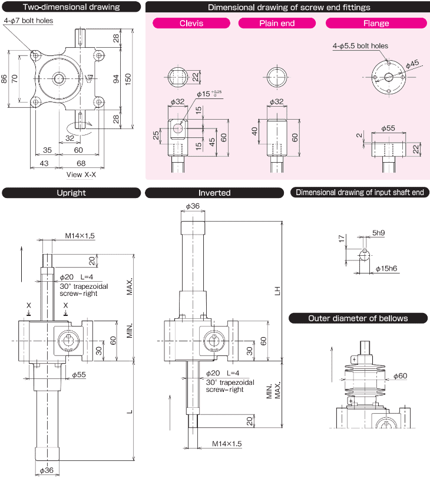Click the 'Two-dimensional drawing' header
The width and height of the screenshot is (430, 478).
(x=71, y=8)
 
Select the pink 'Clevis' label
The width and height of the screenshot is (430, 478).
(x=191, y=24)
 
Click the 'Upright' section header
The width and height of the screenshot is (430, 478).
(x=71, y=193)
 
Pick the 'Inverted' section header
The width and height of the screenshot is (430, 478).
(x=214, y=193)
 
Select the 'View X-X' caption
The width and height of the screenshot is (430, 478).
(x=82, y=174)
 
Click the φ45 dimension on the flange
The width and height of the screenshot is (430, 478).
(x=412, y=62)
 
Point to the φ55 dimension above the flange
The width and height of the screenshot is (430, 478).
(x=388, y=128)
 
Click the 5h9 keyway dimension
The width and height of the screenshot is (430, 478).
(x=378, y=233)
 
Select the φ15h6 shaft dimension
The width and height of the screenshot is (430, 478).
(x=387, y=269)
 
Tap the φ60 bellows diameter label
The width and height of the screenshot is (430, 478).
(x=400, y=375)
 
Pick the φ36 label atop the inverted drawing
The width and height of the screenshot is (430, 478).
(x=193, y=206)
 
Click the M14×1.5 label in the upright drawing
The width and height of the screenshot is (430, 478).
(x=79, y=235)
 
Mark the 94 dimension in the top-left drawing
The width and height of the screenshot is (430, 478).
(x=116, y=78)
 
